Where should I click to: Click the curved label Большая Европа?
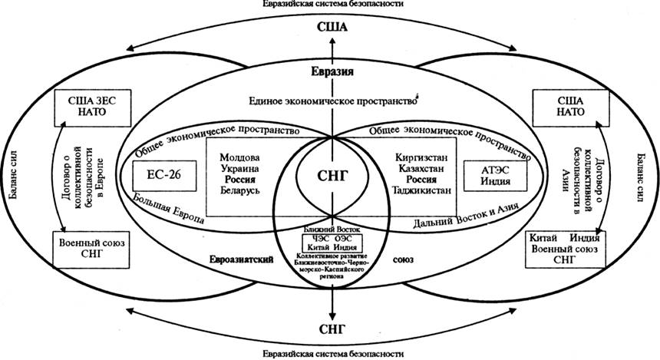[x=173, y=214]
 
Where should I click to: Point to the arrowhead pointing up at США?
[x=332, y=40]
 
